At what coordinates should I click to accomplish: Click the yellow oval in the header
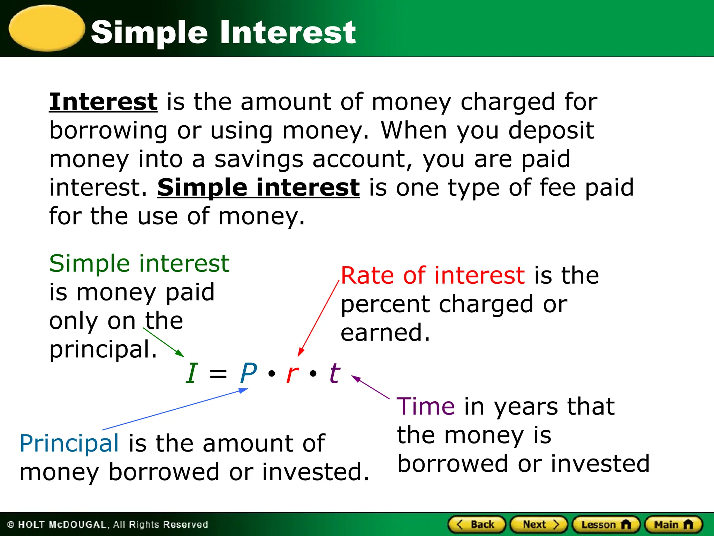coord(47,28)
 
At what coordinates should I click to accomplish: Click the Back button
coord(476,524)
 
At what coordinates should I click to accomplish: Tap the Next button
coord(539,524)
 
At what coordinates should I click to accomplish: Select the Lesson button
coord(606,524)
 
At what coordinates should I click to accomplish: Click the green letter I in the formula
coord(192,373)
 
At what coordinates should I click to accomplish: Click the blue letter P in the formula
coord(248,373)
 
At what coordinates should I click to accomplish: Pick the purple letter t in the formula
coord(335,373)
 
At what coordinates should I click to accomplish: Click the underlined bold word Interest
coord(103,102)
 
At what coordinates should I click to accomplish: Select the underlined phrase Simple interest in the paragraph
coord(258,188)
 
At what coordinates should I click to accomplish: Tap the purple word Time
coord(426,407)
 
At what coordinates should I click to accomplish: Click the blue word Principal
coord(69,444)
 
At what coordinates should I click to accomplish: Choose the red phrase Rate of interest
coord(432,276)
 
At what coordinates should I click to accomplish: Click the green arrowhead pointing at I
coord(180,353)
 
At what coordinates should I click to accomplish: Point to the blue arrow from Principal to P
coord(174,410)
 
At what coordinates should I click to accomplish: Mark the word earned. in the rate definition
coord(385,333)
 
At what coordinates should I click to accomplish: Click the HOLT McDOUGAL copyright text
coord(107,524)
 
